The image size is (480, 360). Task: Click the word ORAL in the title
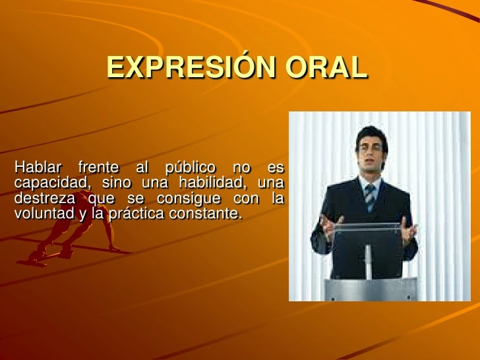click(326, 67)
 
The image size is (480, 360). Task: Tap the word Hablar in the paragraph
click(38, 167)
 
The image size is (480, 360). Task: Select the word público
click(191, 168)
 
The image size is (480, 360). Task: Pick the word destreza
click(45, 198)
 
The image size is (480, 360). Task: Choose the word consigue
click(189, 198)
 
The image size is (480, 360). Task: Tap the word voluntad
click(44, 213)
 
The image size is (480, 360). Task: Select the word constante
click(204, 214)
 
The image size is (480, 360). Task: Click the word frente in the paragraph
click(99, 167)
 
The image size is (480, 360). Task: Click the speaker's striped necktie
click(370, 198)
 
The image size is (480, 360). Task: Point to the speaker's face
click(371, 154)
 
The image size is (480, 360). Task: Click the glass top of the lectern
click(367, 226)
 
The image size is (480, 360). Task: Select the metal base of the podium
click(371, 289)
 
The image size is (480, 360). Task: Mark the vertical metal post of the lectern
click(369, 262)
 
